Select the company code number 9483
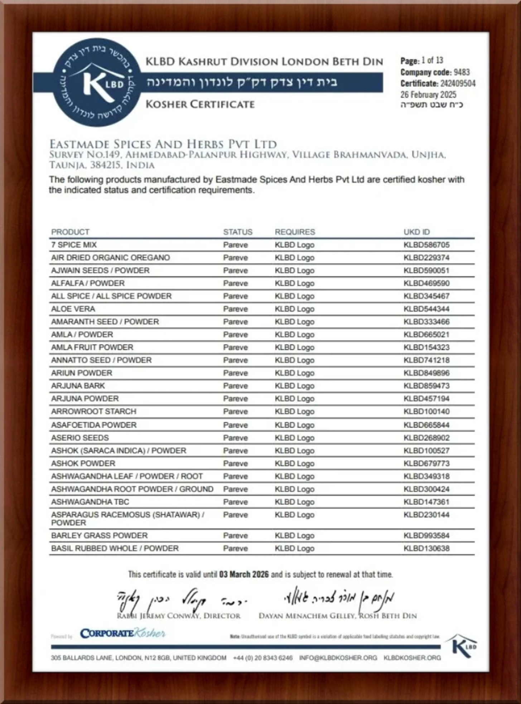(x=462, y=72)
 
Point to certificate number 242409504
(x=458, y=83)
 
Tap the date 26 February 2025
(x=428, y=94)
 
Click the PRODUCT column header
(x=70, y=232)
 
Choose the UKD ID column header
(x=416, y=232)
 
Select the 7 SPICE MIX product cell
(x=74, y=245)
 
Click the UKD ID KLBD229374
(x=426, y=258)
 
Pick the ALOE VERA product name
(x=73, y=309)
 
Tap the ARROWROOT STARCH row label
(x=93, y=411)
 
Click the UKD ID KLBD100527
(x=426, y=450)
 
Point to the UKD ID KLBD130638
(x=426, y=548)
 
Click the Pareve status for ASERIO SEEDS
(x=235, y=438)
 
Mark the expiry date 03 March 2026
(x=244, y=575)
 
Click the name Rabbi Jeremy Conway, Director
(x=179, y=616)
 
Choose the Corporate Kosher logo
(x=122, y=634)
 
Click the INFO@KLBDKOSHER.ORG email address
(x=338, y=657)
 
